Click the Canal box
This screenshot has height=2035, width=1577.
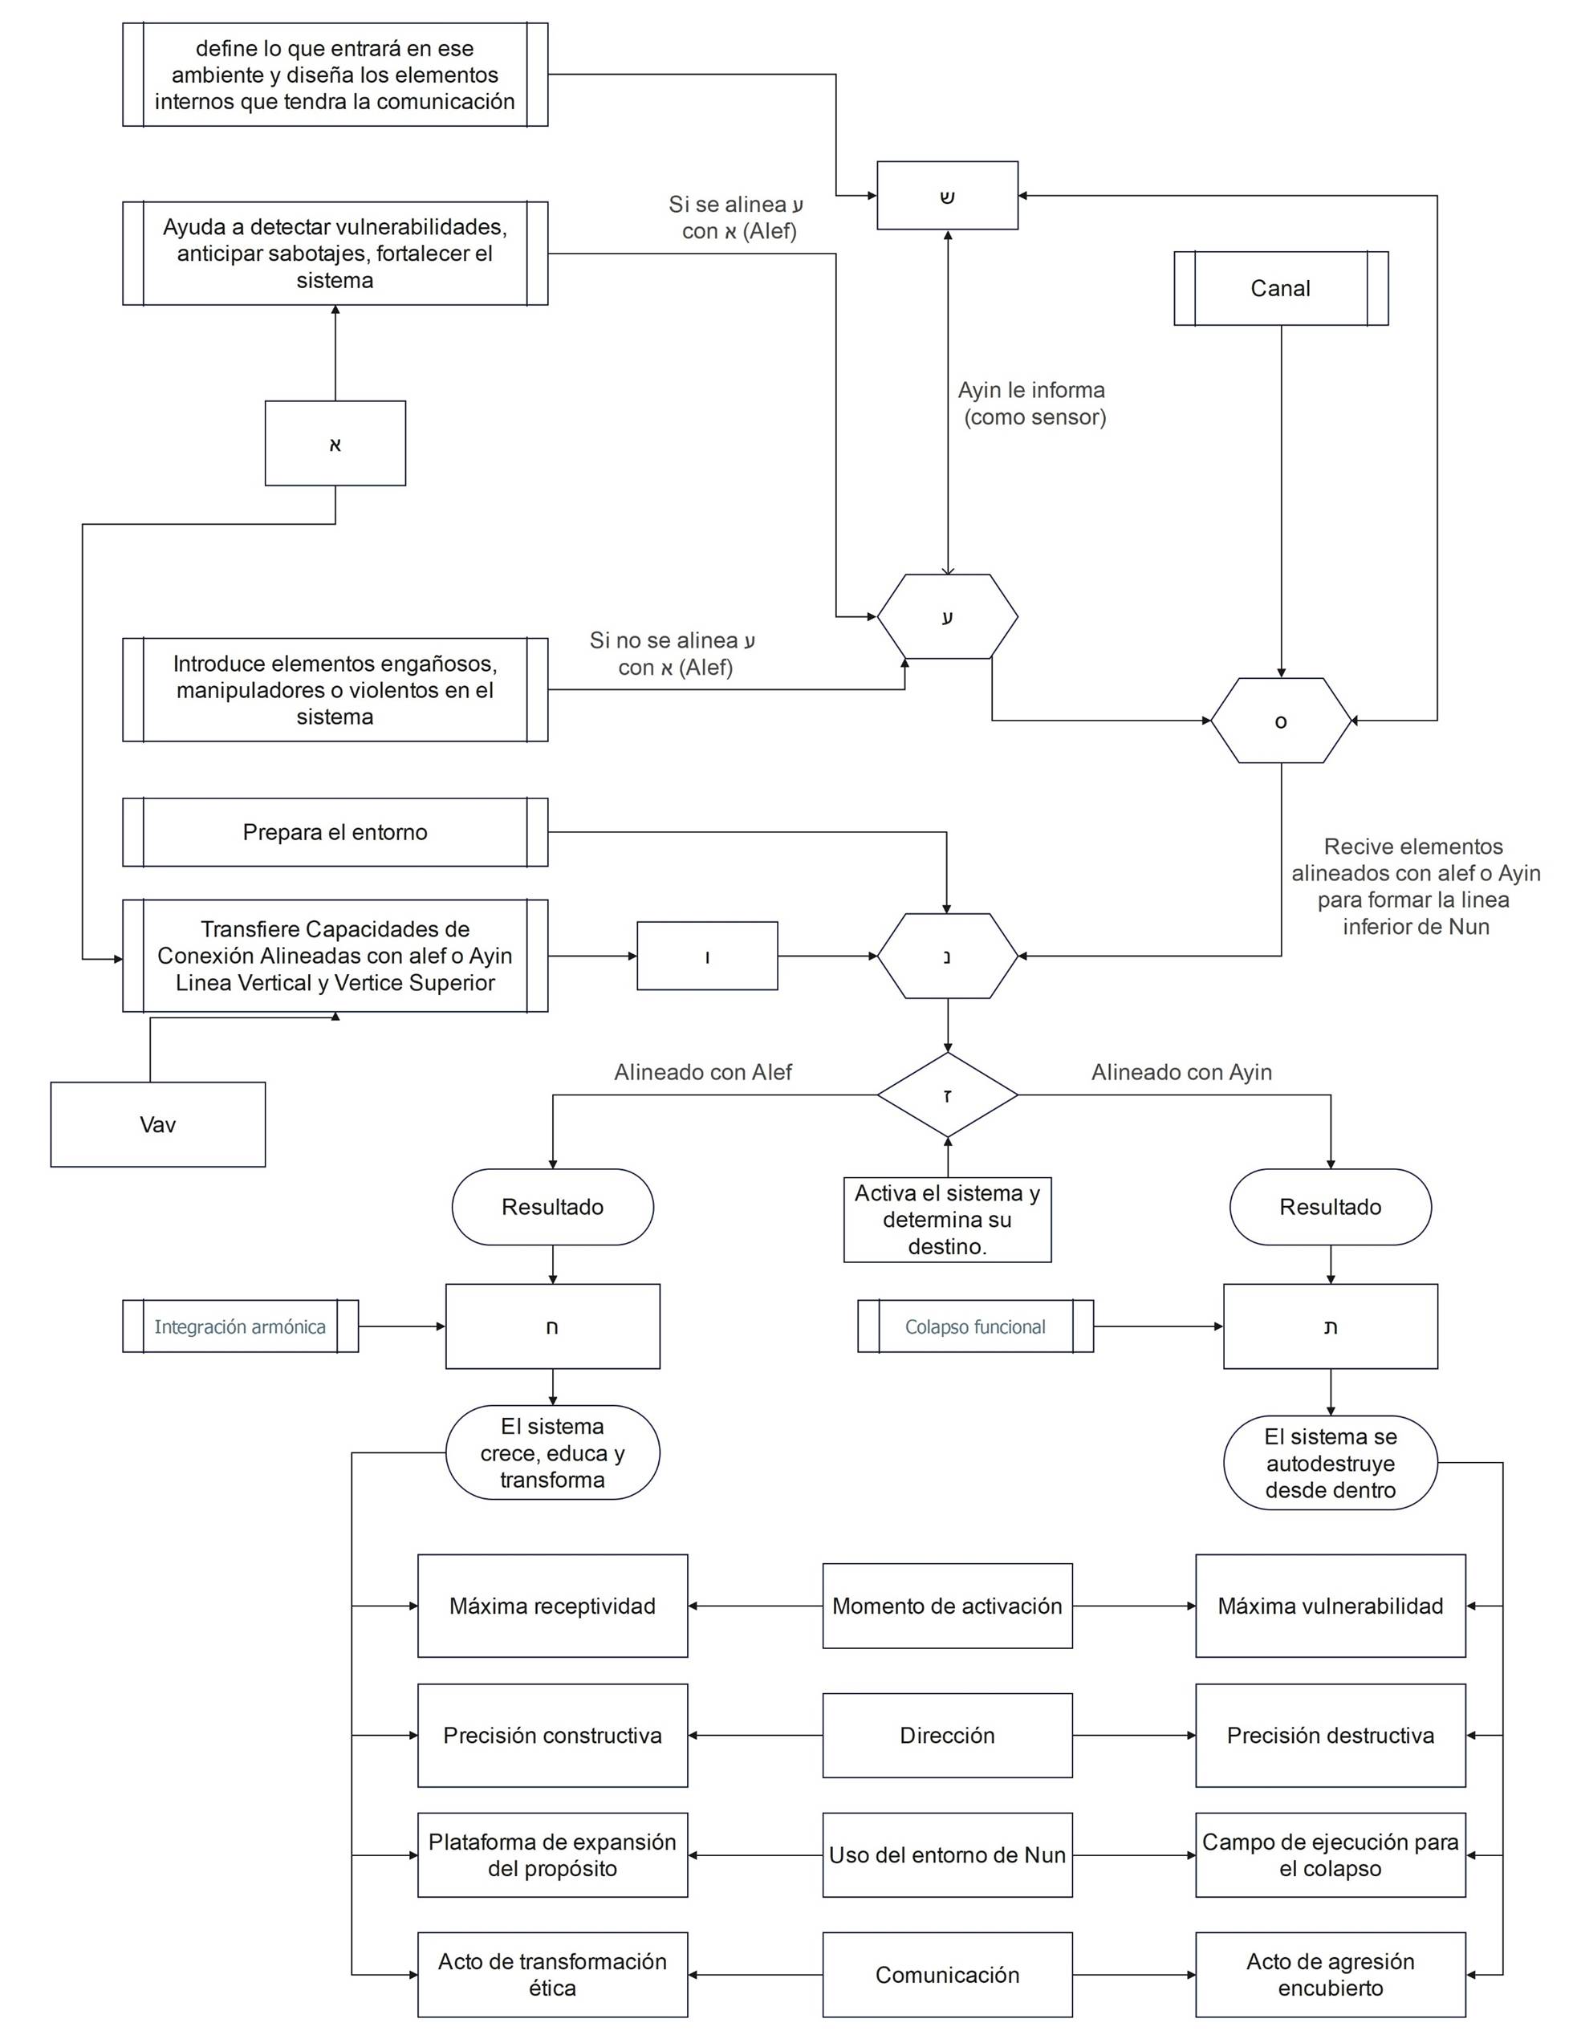pyautogui.click(x=1281, y=289)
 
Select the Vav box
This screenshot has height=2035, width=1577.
pyautogui.click(x=157, y=1125)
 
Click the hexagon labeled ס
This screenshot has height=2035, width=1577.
pyautogui.click(x=1281, y=721)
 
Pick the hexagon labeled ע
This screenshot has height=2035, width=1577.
pyautogui.click(x=947, y=617)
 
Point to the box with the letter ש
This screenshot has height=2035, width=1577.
pyautogui.click(x=947, y=196)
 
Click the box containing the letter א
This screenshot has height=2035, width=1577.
pyautogui.click(x=335, y=444)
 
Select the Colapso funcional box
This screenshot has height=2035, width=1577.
pyautogui.click(x=975, y=1327)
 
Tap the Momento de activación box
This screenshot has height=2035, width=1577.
pyautogui.click(x=947, y=1606)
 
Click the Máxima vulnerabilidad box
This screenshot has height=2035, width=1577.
pyautogui.click(x=1330, y=1606)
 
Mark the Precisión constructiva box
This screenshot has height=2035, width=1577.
pyautogui.click(x=552, y=1736)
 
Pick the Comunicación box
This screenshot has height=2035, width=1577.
pyautogui.click(x=947, y=1976)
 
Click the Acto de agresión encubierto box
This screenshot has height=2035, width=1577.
pyautogui.click(x=1330, y=1976)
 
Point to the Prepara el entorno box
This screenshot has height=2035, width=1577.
pyautogui.click(x=335, y=832)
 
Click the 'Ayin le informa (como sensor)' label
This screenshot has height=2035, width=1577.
pyautogui.click(x=1033, y=404)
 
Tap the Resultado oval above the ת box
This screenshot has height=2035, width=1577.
pyautogui.click(x=1330, y=1208)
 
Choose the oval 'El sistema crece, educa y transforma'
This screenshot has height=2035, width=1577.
pyautogui.click(x=552, y=1452)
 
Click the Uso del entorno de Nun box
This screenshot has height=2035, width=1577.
pyautogui.click(x=947, y=1855)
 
